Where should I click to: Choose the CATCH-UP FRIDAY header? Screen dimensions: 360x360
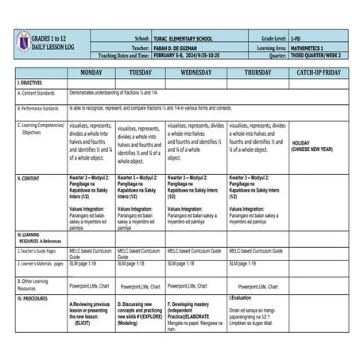tap(318, 72)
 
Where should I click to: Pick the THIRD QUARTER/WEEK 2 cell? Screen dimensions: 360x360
tap(319, 56)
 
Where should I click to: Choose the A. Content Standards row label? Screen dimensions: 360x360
tap(36, 93)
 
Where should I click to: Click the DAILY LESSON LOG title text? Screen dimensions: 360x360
tap(54, 47)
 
